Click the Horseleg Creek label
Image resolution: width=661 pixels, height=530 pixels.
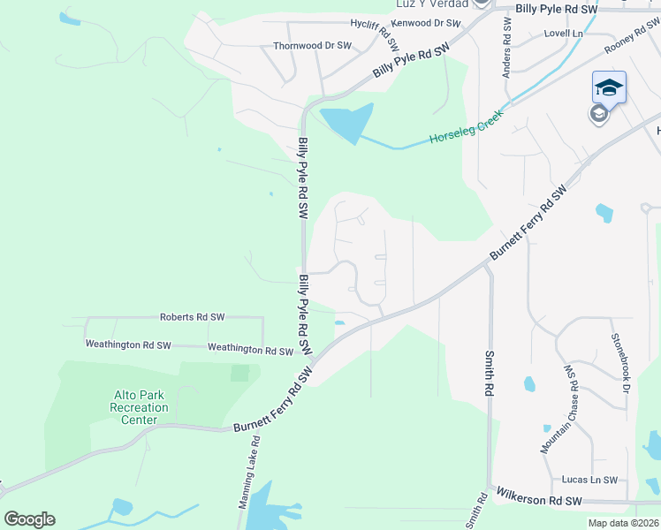point(466,127)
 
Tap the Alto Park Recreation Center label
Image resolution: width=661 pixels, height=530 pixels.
point(140,407)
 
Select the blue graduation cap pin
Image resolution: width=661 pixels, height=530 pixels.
point(609,87)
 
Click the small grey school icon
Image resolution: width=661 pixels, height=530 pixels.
point(598,114)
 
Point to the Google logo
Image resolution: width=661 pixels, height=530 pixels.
point(29,519)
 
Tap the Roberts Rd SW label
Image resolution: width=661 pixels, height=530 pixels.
point(192,316)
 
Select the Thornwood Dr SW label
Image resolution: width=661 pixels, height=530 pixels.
point(313,46)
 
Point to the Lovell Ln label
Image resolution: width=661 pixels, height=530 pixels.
point(566,33)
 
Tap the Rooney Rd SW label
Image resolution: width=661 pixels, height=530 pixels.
point(633,37)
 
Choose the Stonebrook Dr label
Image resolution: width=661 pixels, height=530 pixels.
point(619,363)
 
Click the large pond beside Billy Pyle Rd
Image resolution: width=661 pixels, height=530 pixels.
point(347,123)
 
